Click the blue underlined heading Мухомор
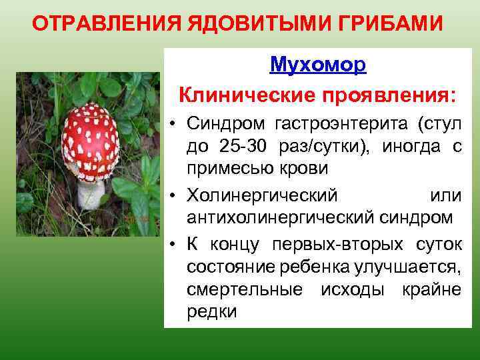[318, 65]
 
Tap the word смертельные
[244, 289]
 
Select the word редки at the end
[211, 311]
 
